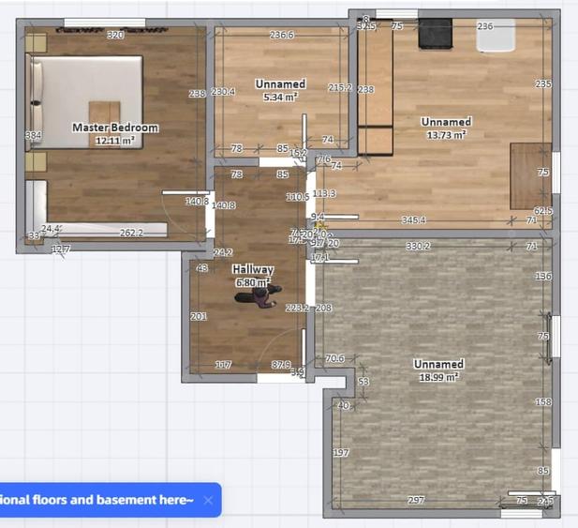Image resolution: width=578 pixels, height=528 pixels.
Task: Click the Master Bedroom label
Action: (115, 128)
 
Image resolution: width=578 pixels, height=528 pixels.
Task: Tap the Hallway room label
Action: (253, 269)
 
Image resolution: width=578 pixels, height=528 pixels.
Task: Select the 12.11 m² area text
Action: (115, 140)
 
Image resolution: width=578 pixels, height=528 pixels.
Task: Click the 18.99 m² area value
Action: (439, 377)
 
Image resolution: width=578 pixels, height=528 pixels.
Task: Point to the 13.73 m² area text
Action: (447, 134)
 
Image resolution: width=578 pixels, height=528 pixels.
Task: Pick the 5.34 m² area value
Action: (280, 97)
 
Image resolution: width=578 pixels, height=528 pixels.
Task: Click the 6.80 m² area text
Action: (253, 281)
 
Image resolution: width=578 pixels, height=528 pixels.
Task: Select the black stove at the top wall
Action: (435, 34)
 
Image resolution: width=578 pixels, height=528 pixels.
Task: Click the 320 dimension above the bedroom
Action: (115, 36)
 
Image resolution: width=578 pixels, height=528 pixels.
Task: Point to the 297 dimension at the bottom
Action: (416, 501)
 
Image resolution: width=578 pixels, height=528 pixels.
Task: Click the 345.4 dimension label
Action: (413, 220)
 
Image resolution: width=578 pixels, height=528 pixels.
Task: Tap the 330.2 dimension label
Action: (418, 247)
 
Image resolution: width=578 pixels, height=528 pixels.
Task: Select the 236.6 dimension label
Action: (281, 36)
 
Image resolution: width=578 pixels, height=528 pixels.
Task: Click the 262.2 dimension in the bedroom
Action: (131, 233)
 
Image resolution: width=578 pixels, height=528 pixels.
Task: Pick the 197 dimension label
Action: (341, 453)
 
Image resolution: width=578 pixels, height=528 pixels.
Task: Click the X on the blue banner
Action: (208, 500)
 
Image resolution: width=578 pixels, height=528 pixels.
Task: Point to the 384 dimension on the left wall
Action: (33, 136)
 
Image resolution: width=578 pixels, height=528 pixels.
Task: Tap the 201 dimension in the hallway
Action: (199, 317)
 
